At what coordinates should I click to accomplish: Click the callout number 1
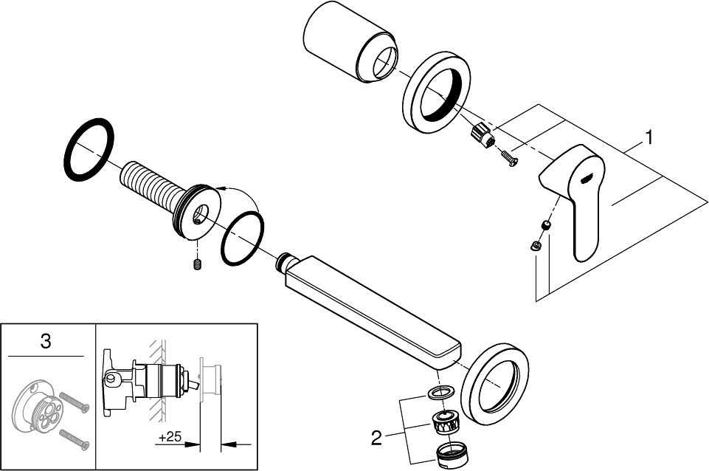pyautogui.click(x=649, y=137)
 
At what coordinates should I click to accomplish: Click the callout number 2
pyautogui.click(x=377, y=439)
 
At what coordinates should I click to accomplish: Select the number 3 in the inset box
pyautogui.click(x=46, y=341)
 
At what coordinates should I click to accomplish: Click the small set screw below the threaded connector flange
pyautogui.click(x=197, y=264)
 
